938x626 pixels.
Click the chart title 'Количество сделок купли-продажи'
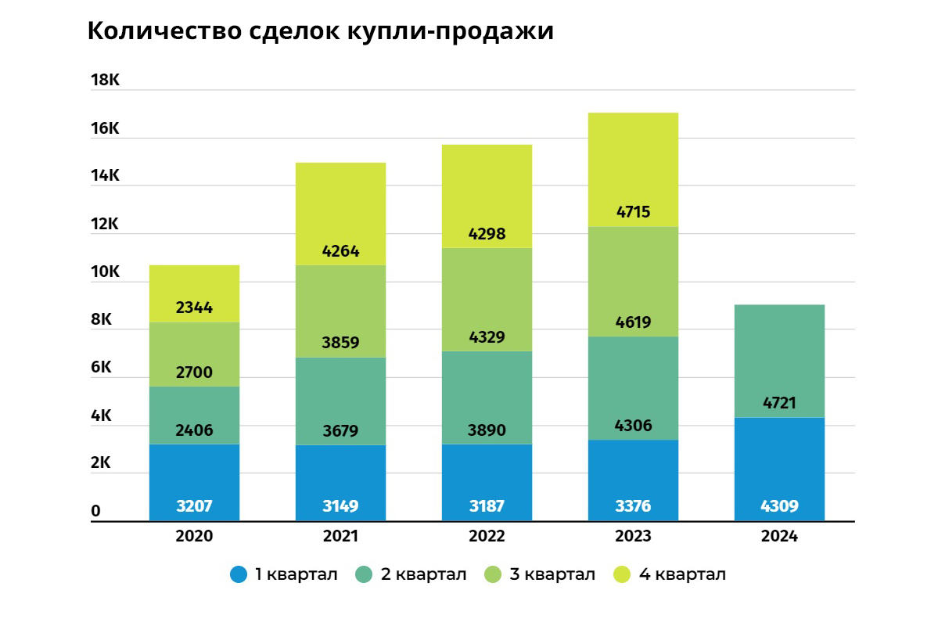pos(320,31)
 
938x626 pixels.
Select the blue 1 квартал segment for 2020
pos(194,477)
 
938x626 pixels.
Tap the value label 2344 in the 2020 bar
pos(194,308)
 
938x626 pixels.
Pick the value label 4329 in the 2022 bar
pos(487,337)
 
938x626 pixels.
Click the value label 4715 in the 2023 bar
pos(633,212)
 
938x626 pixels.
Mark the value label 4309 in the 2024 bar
pos(779,506)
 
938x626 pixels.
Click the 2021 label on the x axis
pos(340,537)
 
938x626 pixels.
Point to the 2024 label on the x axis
pos(779,537)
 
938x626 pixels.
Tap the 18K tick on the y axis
pos(104,80)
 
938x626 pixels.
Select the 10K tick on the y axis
pos(104,272)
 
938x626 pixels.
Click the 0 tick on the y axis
pos(96,511)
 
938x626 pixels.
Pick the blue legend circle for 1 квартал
pos(239,574)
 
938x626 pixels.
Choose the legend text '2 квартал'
pos(423,574)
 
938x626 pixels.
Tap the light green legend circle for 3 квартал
pos(493,574)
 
